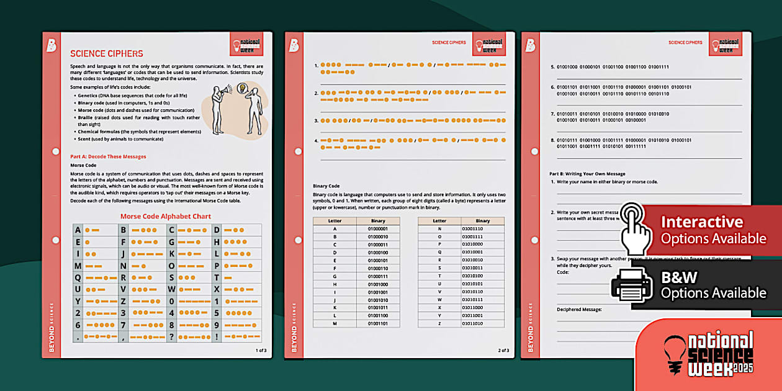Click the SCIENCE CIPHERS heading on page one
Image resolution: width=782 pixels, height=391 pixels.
[106, 54]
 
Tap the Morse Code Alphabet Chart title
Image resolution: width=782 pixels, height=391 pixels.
[166, 217]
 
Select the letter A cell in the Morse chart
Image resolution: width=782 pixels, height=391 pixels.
[78, 230]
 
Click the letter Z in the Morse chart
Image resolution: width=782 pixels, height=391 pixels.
[122, 300]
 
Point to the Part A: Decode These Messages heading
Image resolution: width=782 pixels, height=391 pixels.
[108, 156]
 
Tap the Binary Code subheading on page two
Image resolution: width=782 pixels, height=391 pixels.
[326, 186]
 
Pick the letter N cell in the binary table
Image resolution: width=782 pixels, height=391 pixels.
[439, 228]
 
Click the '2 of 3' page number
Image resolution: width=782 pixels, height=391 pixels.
[503, 350]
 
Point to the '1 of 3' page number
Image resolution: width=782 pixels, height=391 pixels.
[261, 350]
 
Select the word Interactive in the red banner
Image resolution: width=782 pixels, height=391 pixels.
[701, 222]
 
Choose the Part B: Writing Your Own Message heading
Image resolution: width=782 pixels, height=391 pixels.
[587, 174]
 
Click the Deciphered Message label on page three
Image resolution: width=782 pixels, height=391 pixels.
[579, 308]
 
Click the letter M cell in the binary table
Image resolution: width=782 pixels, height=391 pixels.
[335, 323]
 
